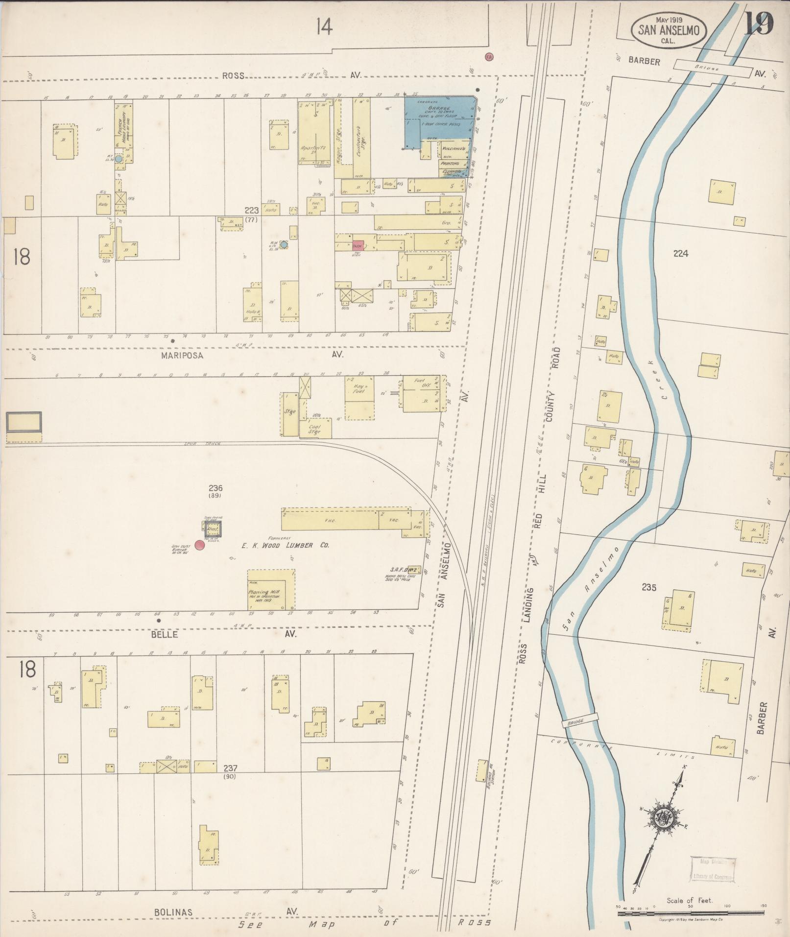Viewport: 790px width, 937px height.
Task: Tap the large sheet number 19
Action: tap(758, 23)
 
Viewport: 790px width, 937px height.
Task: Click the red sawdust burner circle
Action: tap(199, 545)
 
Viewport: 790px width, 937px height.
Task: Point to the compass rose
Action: tap(664, 816)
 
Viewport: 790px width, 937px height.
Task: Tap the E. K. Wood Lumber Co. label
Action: tap(278, 545)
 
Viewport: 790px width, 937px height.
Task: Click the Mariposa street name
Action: tap(182, 356)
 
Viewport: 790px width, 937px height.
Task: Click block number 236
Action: tap(215, 488)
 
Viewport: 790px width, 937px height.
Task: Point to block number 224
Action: tap(681, 253)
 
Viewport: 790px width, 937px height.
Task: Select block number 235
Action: tap(650, 587)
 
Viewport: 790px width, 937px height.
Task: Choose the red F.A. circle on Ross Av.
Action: tap(488, 57)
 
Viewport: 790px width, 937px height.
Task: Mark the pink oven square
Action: tap(357, 246)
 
